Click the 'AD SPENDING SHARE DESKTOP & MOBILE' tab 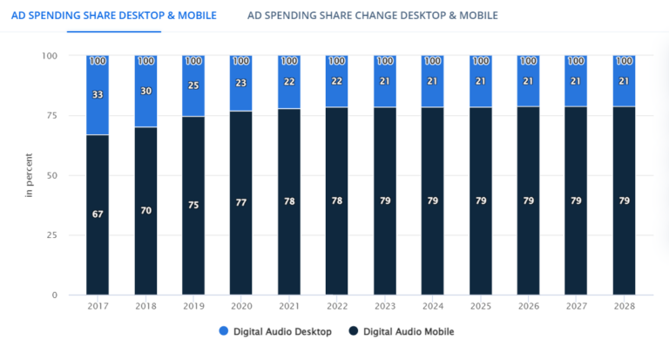click(113, 15)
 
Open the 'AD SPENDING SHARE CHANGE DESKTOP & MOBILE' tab click(373, 15)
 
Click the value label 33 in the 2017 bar click(98, 95)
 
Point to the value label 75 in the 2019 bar click(193, 206)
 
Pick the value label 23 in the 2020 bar click(241, 85)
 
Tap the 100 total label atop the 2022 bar click(337, 61)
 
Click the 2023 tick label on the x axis click(385, 307)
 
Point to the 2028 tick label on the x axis click(624, 307)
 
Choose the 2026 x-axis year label click(528, 307)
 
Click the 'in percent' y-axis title click(29, 175)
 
